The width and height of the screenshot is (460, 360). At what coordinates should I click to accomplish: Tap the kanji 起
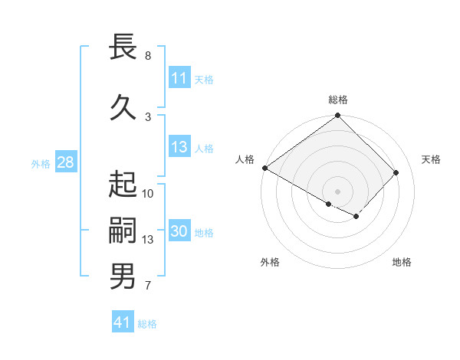(123, 185)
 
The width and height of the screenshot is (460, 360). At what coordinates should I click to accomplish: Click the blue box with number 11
(179, 78)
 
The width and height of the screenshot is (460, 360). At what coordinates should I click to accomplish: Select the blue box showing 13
(179, 148)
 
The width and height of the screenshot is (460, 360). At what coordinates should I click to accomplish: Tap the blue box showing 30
(179, 232)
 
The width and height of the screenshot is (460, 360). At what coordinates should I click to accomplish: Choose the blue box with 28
(65, 163)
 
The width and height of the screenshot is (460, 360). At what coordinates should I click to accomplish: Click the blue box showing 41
(123, 323)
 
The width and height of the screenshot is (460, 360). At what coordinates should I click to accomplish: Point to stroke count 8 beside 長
(147, 56)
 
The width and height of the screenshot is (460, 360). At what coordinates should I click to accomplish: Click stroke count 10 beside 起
(148, 193)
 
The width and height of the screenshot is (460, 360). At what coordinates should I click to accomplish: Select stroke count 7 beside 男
(147, 286)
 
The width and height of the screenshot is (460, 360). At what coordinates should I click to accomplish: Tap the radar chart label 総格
(338, 100)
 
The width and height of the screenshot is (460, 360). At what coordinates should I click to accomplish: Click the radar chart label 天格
(432, 159)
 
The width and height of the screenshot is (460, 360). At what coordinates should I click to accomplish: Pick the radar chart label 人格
(245, 159)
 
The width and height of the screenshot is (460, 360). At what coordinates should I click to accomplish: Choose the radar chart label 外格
(270, 262)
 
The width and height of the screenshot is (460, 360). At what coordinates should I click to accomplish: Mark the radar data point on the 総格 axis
(338, 116)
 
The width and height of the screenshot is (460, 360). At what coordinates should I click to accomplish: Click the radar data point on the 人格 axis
(264, 168)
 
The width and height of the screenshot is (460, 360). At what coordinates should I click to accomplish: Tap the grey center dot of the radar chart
(338, 191)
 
